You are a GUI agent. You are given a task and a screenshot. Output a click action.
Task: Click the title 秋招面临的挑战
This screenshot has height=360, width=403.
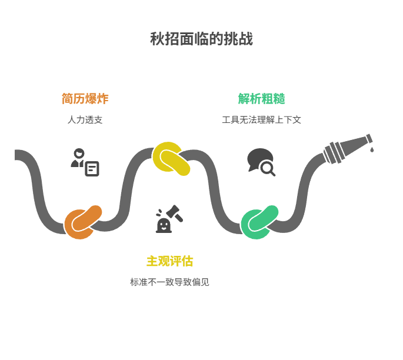[201, 39]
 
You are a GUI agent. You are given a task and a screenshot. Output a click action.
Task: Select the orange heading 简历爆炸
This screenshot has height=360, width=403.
[85, 98]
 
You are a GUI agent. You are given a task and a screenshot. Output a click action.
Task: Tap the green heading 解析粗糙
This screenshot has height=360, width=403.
[261, 98]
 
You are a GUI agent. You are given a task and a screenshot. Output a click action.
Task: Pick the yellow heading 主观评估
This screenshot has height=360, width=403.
[169, 261]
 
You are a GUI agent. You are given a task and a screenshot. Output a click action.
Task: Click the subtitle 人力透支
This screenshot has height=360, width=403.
[85, 120]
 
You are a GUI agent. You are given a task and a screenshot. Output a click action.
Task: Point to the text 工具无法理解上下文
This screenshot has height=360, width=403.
[261, 120]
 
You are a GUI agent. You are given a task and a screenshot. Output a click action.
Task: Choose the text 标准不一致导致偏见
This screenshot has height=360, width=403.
[169, 282]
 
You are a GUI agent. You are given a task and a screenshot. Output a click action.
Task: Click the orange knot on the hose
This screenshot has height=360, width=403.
[82, 222]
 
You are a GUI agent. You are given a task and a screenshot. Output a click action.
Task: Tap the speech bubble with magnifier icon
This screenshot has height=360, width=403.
[261, 162]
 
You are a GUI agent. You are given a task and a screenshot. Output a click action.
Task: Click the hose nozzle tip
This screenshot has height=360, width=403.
[369, 139]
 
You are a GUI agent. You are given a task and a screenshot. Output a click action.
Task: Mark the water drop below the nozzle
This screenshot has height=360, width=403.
[371, 150]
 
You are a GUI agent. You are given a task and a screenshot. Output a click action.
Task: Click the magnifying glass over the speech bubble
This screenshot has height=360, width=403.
[268, 169]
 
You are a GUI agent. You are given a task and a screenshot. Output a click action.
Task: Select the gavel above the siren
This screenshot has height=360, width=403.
[175, 212]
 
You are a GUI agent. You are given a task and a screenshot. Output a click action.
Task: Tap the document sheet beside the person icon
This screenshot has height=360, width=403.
[92, 169]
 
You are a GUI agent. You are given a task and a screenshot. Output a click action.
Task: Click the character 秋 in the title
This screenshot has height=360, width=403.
[156, 39]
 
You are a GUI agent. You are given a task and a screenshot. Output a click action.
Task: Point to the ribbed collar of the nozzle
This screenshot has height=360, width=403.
[333, 152]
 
